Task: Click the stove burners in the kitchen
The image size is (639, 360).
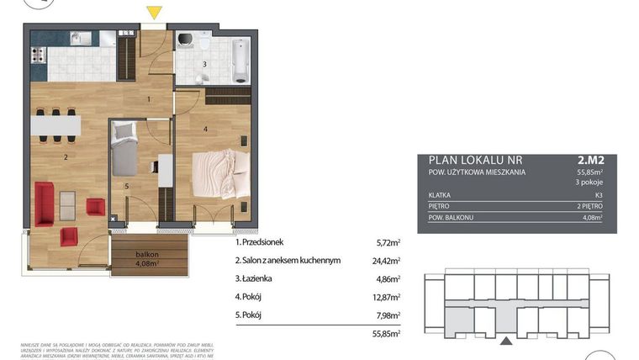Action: [38, 56]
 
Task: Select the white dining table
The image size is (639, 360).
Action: [56, 125]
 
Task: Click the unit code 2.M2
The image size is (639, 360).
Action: [591, 158]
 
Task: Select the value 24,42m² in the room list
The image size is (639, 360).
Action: [386, 261]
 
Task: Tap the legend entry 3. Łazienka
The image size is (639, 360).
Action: [265, 278]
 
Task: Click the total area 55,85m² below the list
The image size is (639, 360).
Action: [386, 334]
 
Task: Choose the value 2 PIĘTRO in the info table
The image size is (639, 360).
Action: [592, 205]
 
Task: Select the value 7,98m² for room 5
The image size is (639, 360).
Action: [387, 315]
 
